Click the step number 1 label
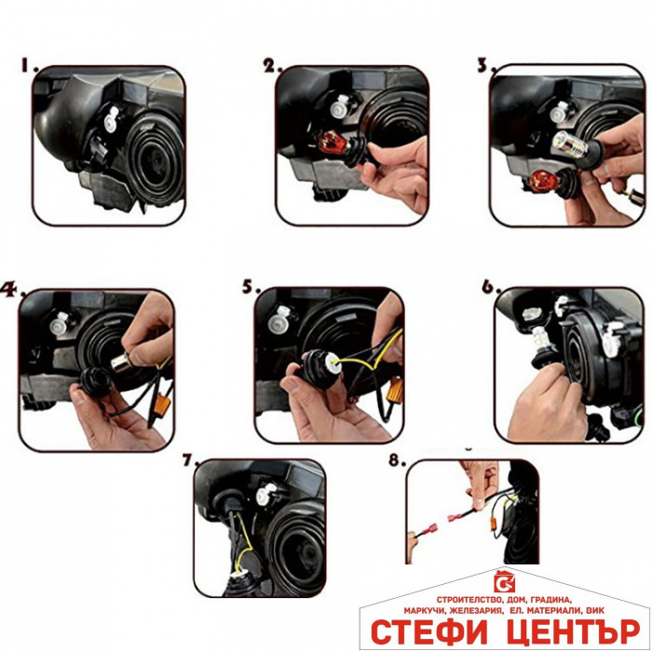(30, 65)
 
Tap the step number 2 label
(273, 65)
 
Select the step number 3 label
(486, 65)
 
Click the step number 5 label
(251, 287)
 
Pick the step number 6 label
(491, 287)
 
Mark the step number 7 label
(190, 459)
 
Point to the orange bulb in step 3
(542, 182)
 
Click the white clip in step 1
(112, 119)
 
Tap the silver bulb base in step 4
(124, 360)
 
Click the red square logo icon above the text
(505, 582)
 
